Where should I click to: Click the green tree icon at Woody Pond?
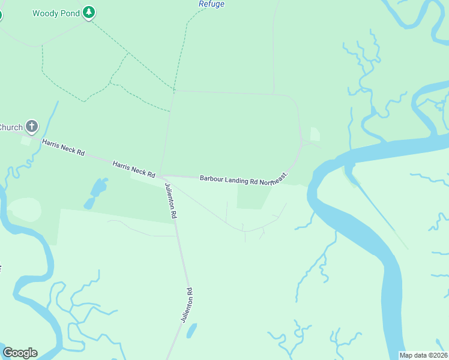[89, 12]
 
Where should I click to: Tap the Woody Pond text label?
[56, 13]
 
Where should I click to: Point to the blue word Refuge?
[211, 4]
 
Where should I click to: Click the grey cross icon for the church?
[32, 127]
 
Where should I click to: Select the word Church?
[11, 127]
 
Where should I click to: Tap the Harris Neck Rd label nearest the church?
[63, 146]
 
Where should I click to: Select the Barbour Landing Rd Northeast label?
[244, 178]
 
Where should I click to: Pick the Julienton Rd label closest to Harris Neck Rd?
[170, 201]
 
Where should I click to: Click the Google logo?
[20, 353]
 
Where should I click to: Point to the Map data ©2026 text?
[424, 355]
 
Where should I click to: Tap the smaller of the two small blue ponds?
[89, 203]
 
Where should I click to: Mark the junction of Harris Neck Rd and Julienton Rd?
[160, 176]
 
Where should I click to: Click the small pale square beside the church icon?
[25, 140]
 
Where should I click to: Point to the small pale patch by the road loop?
[315, 134]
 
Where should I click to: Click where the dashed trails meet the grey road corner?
[173, 91]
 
